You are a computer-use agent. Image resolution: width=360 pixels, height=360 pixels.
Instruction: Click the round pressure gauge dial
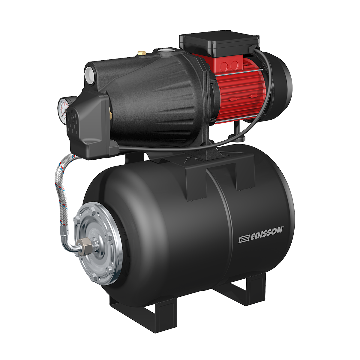[x=63, y=110]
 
